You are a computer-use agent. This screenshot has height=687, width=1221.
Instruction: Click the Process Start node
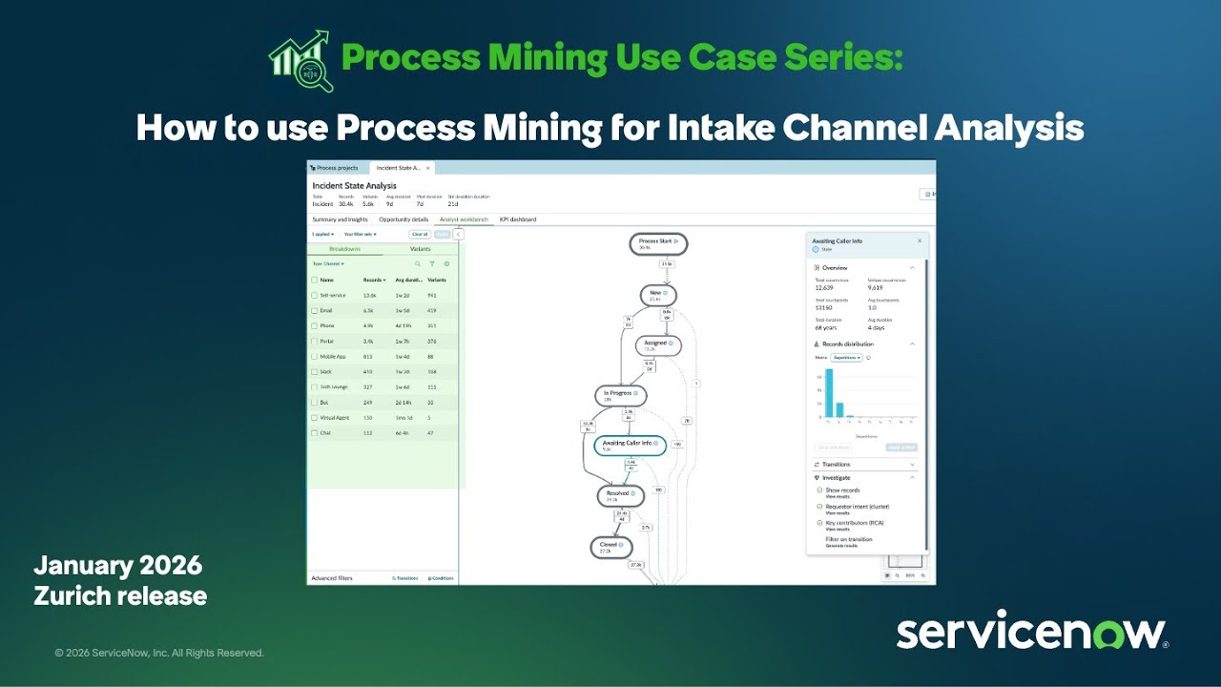[658, 243]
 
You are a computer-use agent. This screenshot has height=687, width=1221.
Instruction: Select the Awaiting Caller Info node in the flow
[630, 445]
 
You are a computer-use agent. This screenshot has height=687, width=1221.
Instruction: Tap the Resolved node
[620, 495]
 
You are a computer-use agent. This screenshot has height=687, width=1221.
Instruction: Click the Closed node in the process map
[610, 547]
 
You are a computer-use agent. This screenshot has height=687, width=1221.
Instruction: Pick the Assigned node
[658, 344]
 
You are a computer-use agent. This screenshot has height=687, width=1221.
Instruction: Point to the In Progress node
[620, 395]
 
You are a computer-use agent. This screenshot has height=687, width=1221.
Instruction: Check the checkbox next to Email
[314, 310]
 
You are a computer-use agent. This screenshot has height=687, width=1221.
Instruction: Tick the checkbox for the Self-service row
[314, 295]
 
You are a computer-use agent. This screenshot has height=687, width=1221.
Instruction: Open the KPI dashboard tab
[518, 219]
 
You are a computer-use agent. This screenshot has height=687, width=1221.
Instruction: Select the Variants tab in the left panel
[420, 249]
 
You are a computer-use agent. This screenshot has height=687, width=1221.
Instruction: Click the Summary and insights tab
[340, 219]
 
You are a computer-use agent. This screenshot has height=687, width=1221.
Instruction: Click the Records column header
[374, 280]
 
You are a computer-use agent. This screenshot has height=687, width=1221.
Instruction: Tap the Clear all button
[420, 234]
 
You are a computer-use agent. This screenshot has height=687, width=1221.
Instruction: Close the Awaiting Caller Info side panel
[920, 241]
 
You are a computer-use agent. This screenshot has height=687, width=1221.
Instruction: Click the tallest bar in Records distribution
[829, 392]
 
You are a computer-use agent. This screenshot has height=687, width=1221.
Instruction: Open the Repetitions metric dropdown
[846, 358]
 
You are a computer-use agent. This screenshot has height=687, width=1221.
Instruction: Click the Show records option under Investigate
[842, 489]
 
